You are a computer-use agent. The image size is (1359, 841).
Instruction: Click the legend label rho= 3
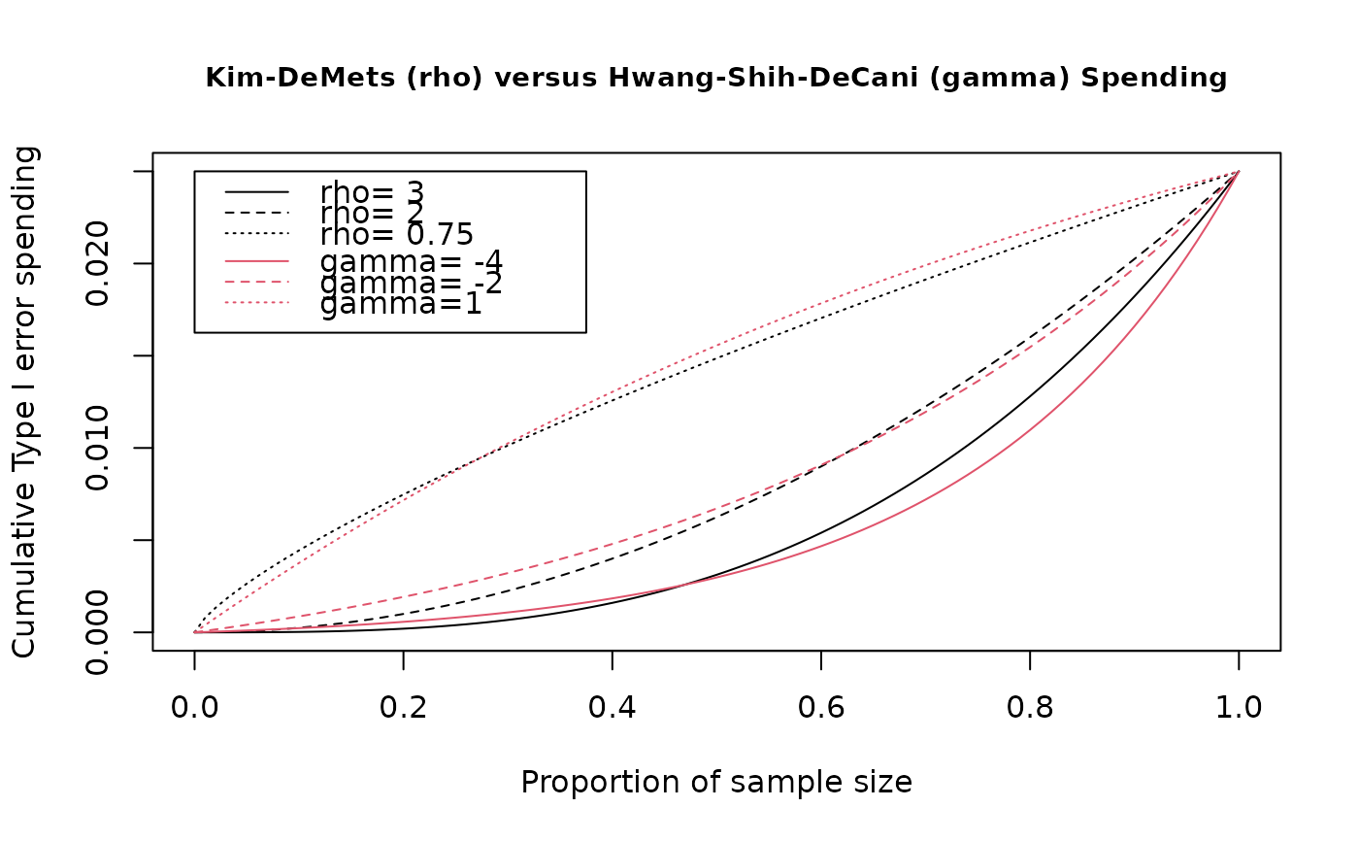coord(372,193)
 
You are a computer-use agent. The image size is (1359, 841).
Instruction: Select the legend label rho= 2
coord(372,214)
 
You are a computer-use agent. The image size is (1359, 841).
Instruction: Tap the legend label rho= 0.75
coord(397,234)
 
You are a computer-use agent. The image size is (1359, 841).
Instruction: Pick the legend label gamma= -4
coord(412,262)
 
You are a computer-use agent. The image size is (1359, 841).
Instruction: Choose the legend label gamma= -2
coord(412,283)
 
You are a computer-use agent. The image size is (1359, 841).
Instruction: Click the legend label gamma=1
coord(401,303)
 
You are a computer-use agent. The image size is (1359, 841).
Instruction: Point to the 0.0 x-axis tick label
coord(194,708)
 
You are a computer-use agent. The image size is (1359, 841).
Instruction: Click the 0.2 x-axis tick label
coord(404,708)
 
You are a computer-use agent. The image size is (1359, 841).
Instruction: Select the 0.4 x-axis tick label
coord(613,708)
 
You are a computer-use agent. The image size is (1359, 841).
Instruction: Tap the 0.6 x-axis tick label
coord(821,708)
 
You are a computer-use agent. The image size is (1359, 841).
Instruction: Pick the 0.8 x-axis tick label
coord(1030,708)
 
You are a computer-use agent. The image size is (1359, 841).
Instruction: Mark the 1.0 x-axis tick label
coord(1239,708)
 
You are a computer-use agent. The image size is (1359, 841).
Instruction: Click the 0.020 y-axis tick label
coord(97,263)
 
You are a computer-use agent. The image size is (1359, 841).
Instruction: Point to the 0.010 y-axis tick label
coord(97,448)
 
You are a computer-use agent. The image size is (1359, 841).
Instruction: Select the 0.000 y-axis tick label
coord(97,632)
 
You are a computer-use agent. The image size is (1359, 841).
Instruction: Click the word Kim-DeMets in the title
coord(300,79)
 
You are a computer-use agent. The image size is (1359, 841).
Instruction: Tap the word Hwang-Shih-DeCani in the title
coord(763,79)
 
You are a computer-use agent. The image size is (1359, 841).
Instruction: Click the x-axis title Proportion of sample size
coord(716,782)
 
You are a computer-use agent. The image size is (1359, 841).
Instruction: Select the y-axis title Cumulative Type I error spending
coord(24,402)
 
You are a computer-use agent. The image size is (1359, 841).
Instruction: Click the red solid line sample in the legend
coord(257,261)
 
